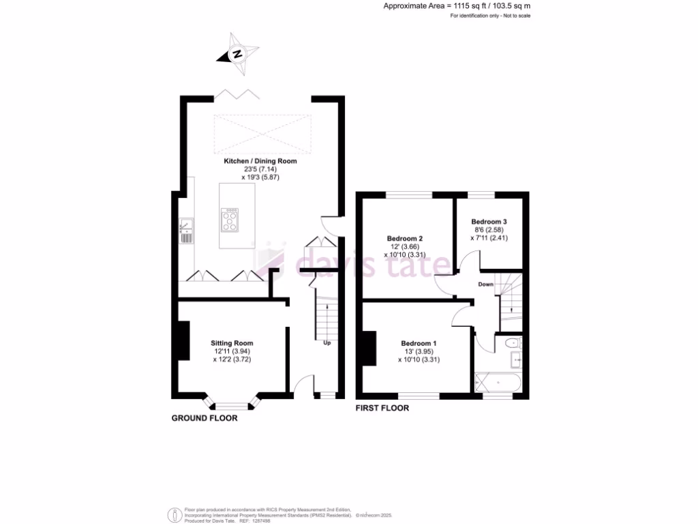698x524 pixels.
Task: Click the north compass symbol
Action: (238, 55)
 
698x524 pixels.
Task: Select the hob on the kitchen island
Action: (230, 220)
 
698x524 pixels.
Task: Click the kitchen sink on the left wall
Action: (186, 231)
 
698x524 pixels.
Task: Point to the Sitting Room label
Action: (232, 343)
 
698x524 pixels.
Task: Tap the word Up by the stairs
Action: (327, 343)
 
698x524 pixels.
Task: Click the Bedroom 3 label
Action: (489, 222)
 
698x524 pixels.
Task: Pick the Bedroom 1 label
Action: (419, 343)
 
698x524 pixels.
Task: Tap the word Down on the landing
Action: (485, 284)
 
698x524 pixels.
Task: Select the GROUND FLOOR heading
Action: (204, 418)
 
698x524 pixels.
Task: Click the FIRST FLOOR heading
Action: (382, 408)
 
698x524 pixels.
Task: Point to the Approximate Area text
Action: (457, 5)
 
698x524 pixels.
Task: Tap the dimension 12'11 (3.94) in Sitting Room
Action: (232, 351)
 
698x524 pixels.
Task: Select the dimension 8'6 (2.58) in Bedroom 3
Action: (489, 230)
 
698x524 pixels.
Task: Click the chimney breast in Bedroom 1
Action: (369, 348)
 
